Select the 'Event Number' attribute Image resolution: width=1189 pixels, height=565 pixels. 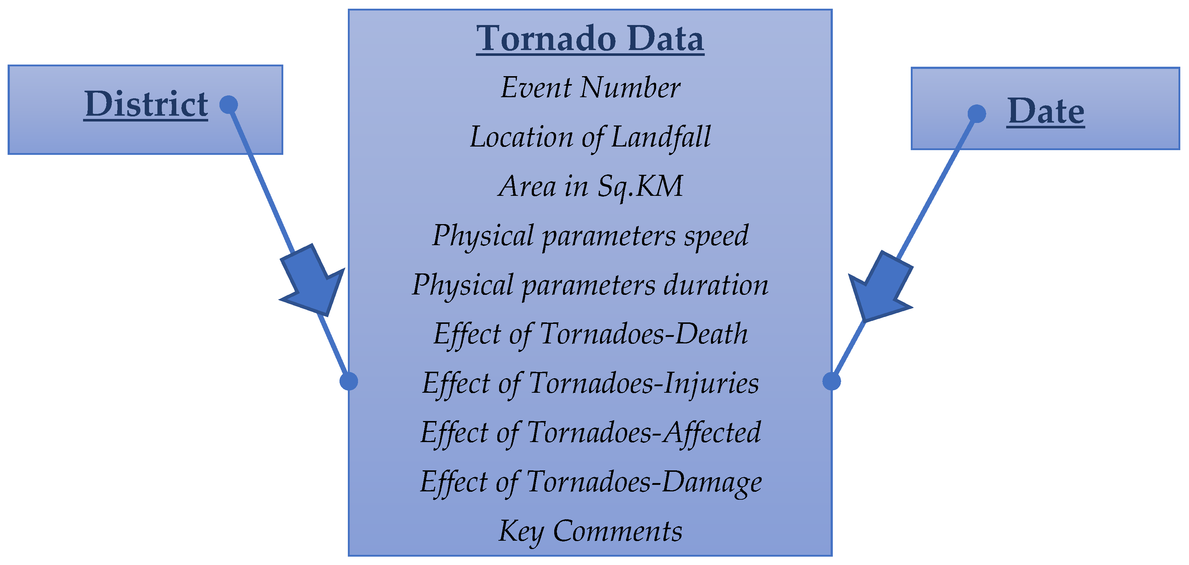[591, 88]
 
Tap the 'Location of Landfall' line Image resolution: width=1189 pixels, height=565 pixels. [591, 137]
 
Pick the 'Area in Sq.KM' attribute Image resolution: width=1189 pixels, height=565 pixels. [591, 186]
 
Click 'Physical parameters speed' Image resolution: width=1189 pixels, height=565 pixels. [591, 236]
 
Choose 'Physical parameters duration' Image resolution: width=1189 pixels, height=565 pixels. [591, 285]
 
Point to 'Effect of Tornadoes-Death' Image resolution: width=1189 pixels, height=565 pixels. [591, 334]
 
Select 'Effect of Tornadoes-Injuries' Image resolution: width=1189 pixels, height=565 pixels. [591, 384]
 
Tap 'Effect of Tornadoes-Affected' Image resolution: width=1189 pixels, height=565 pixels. [591, 433]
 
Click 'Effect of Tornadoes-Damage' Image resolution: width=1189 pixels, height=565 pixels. [591, 482]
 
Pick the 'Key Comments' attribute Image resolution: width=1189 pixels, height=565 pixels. [591, 532]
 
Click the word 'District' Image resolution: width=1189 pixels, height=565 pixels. [146, 104]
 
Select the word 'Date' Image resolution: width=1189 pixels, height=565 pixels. [1046, 111]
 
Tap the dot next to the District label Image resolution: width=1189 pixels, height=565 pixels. [229, 105]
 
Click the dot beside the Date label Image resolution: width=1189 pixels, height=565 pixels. [977, 114]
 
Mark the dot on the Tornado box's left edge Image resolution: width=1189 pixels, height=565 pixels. [349, 381]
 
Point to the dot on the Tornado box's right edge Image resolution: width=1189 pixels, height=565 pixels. [831, 381]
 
